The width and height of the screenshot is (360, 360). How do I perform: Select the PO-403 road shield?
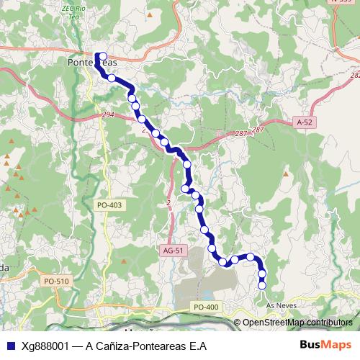109,205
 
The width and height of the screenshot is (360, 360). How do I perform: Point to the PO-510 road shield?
55,281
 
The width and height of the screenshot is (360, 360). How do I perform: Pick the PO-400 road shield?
206,307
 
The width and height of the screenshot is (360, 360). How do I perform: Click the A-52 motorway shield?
305,123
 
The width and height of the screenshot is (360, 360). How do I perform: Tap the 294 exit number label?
107,114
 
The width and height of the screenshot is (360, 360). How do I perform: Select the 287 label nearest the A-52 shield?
258,129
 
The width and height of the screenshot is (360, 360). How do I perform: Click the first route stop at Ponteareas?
102,56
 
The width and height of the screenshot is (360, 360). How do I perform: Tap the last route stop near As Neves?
262,285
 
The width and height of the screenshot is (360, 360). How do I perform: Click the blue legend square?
9,346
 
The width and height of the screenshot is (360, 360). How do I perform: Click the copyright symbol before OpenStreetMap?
238,322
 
